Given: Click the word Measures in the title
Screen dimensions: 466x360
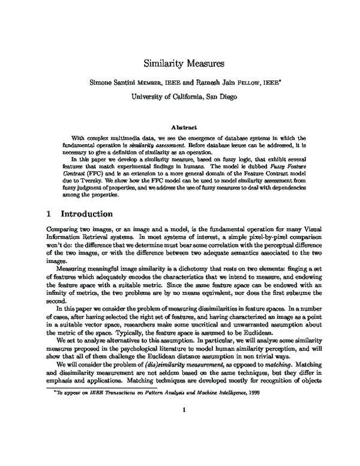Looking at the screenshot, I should [199, 62].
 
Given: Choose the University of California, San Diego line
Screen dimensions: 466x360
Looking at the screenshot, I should [180, 95].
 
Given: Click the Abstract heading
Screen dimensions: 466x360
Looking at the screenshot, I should [181, 127].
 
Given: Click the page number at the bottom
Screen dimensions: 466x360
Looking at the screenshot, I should [181, 444].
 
